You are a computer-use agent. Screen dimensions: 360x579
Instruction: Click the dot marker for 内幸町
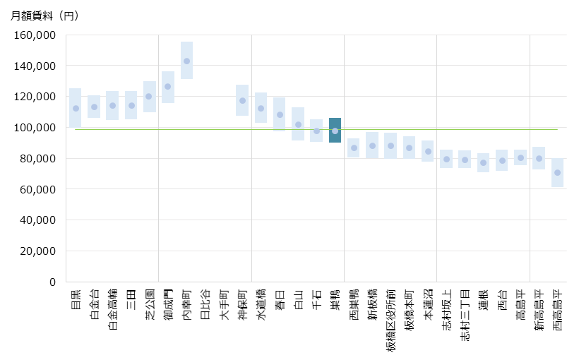pos(186,61)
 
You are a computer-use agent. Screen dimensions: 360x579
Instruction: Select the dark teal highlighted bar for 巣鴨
pos(335,130)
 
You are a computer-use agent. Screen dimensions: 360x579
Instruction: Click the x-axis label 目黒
pos(76,299)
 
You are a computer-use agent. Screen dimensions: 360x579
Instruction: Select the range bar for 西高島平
pos(557,173)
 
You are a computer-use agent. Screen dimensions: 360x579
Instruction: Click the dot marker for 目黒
pos(76,109)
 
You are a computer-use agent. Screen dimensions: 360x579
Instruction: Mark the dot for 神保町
pos(242,101)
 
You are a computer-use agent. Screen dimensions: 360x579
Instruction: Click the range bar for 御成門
pos(168,87)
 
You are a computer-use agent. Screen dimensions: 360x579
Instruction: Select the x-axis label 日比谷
pos(205,304)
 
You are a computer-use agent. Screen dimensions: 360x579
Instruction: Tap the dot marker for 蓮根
pos(483,163)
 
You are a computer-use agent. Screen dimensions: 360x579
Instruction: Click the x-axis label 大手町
pos(224,304)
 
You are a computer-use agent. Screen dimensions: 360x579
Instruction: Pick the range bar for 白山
pos(298,124)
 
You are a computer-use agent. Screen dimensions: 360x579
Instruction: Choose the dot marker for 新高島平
pos(539,159)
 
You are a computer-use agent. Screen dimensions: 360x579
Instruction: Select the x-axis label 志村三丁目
pos(465,316)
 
